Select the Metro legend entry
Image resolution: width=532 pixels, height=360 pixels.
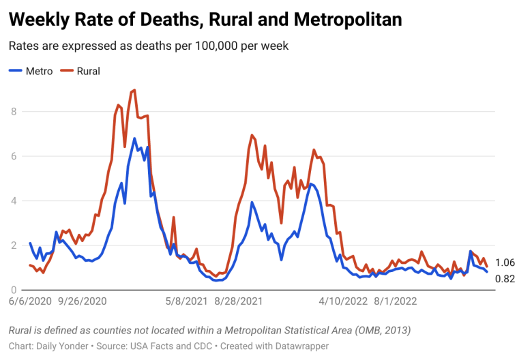pyautogui.click(x=31, y=71)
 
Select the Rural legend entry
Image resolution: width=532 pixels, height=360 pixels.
pyautogui.click(x=81, y=71)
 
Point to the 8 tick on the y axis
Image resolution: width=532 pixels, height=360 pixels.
pyautogui.click(x=14, y=111)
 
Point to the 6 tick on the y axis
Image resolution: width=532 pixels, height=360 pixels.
pyautogui.click(x=14, y=156)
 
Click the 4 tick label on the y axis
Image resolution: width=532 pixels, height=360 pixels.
pyautogui.click(x=14, y=201)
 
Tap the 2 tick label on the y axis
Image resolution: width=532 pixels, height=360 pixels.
pyautogui.click(x=14, y=245)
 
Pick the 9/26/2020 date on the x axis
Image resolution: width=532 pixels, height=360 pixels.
pyautogui.click(x=83, y=300)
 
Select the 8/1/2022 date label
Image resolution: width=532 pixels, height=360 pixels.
pyautogui.click(x=398, y=300)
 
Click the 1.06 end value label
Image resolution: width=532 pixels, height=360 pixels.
pyautogui.click(x=505, y=262)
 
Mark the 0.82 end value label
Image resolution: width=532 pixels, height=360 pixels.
pyautogui.click(x=505, y=278)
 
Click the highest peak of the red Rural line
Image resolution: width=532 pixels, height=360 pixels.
pyautogui.click(x=134, y=90)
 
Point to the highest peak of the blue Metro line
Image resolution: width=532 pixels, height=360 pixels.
pyautogui.click(x=134, y=138)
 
